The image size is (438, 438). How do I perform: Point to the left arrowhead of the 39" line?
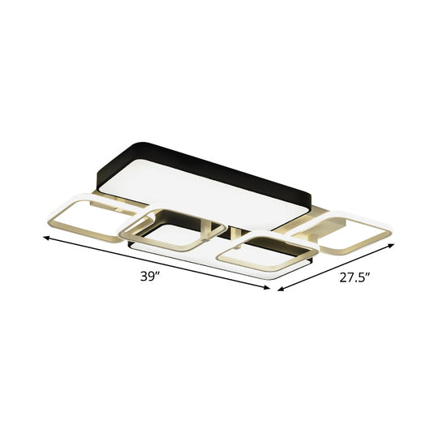pos(46,238)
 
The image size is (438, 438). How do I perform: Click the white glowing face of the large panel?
pos(203,191)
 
